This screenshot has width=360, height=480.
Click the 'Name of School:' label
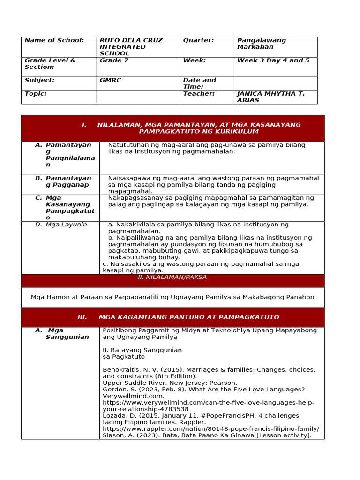(53, 40)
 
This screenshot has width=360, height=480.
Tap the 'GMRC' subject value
(110, 80)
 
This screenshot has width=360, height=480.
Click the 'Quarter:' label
(198, 40)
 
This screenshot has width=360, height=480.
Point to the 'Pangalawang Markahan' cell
(262, 44)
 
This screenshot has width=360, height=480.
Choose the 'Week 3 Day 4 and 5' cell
(273, 60)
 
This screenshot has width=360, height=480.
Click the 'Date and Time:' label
(200, 83)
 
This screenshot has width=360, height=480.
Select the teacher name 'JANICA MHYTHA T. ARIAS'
(271, 97)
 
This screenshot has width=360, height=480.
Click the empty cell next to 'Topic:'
(138, 97)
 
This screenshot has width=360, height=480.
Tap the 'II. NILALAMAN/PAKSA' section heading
(172, 277)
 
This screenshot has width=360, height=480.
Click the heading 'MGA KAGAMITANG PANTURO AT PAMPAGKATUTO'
(189, 317)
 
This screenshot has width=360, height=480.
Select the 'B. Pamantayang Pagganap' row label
(68, 181)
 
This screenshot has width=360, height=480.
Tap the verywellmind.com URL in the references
(208, 406)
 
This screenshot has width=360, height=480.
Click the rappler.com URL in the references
(210, 429)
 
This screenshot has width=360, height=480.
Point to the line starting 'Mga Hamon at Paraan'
(172, 297)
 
